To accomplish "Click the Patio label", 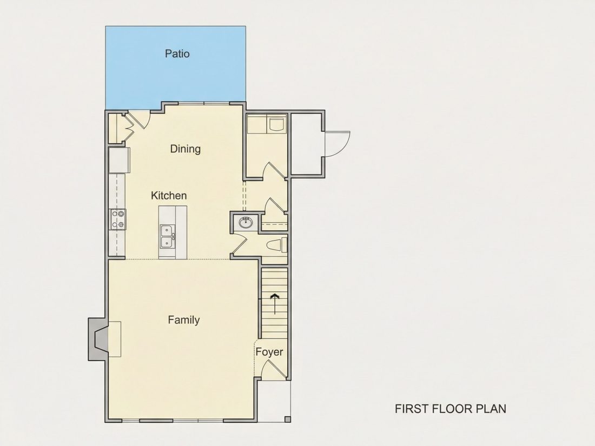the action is (x=177, y=54).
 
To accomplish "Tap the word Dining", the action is (x=185, y=149).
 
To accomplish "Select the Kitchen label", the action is (x=169, y=196).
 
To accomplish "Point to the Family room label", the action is (x=184, y=320).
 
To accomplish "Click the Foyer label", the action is (x=269, y=352).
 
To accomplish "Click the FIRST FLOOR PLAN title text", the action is (x=451, y=409).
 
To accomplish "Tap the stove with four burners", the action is (x=117, y=219).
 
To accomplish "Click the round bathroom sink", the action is (x=246, y=223).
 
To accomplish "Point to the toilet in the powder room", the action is (x=276, y=246).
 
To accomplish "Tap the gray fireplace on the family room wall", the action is (x=98, y=339).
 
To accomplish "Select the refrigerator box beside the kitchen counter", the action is (x=119, y=160).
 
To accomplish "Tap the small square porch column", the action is (x=288, y=419).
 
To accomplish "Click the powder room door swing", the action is (x=239, y=243).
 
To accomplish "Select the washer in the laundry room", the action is (x=277, y=124).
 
